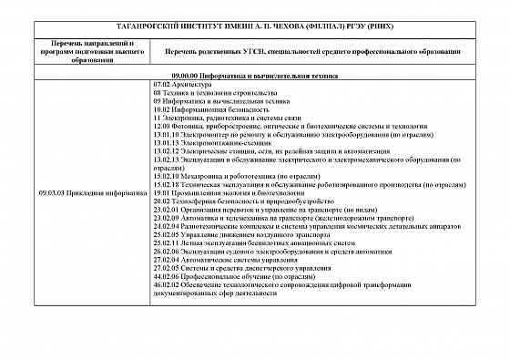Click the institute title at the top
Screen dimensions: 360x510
254,26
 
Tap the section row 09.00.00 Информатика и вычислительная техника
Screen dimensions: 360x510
255,75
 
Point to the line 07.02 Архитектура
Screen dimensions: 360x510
183,84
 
